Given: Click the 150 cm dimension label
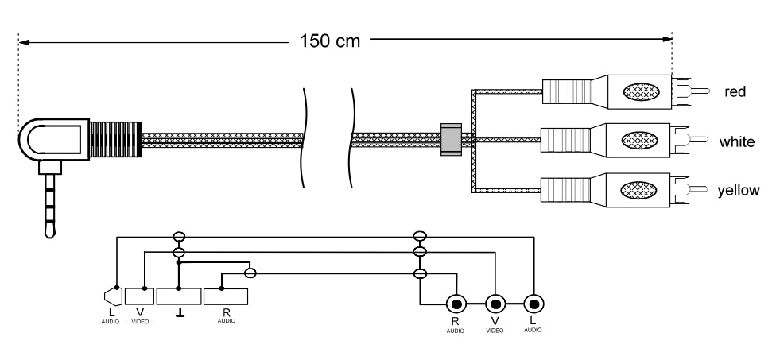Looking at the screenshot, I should point(328,40).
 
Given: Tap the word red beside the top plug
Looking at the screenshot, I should point(734,92).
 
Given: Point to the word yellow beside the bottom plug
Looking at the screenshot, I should point(740,190).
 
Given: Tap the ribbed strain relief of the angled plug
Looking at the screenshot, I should point(115,140).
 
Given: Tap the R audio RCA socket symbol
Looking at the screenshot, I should point(456,304).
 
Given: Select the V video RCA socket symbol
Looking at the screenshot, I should point(495,304).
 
